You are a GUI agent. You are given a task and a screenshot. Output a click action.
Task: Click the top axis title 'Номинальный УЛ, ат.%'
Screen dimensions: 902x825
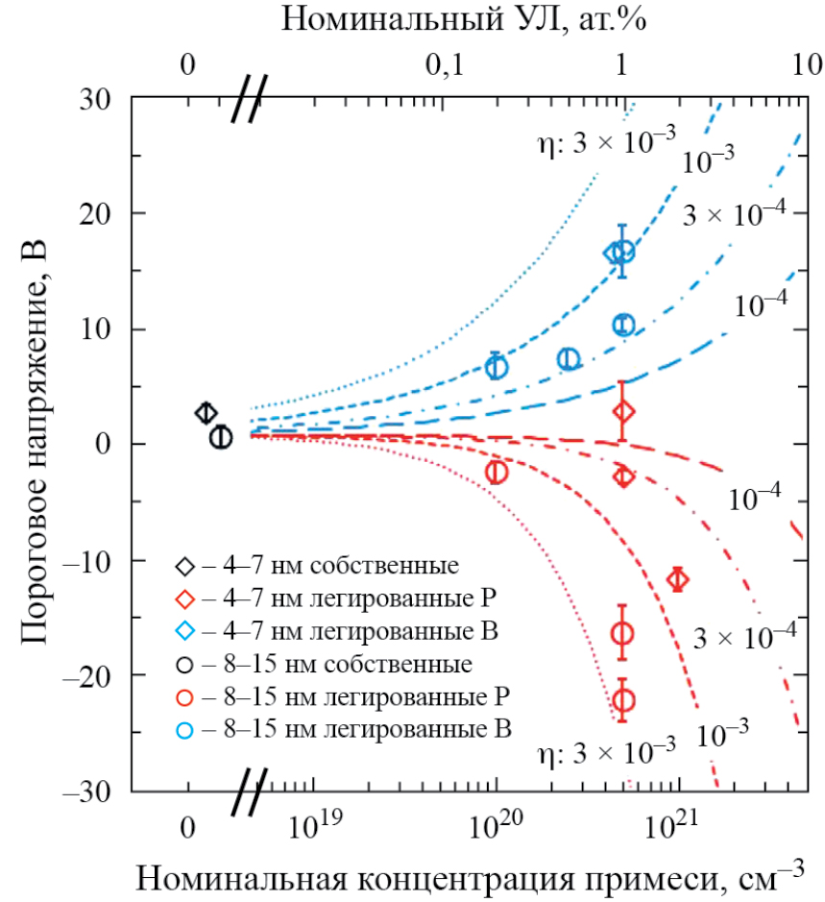464,21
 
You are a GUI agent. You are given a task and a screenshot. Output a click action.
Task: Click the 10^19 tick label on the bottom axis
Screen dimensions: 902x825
313,827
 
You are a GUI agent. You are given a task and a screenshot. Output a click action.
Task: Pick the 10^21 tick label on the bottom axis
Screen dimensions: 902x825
678,827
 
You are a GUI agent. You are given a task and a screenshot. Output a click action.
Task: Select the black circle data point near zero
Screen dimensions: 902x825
221,437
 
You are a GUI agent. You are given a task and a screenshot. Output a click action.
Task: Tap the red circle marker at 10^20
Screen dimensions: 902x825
496,472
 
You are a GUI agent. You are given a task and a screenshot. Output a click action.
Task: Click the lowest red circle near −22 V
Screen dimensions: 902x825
623,700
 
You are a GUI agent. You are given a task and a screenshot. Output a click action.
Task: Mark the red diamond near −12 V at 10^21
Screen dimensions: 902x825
678,579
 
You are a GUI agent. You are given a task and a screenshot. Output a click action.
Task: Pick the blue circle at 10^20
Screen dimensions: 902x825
496,367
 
